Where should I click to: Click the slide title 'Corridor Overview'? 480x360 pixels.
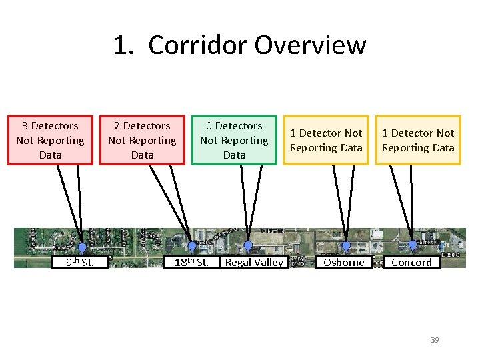[x=257, y=45]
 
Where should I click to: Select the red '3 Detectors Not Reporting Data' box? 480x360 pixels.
[x=51, y=140]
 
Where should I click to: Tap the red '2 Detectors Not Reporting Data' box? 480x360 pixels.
[x=142, y=140]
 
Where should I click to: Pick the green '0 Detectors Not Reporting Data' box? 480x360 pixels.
[x=234, y=140]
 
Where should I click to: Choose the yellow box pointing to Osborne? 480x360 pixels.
[x=326, y=140]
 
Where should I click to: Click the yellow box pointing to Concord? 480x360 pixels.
[x=418, y=140]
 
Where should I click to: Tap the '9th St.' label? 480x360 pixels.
[x=80, y=262]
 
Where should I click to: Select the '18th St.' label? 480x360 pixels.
[x=192, y=262]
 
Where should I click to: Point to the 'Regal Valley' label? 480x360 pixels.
[x=254, y=262]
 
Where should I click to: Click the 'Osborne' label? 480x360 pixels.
[x=343, y=262]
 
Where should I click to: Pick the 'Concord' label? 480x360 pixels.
[x=411, y=262]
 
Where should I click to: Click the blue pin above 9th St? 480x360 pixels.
[x=82, y=248]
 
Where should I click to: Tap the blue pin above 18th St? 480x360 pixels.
[x=192, y=247]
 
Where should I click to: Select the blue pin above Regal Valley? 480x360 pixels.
[x=248, y=246]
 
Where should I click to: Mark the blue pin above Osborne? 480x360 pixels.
[x=346, y=246]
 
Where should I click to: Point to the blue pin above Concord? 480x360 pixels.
[x=412, y=245]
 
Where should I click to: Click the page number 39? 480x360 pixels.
[x=435, y=340]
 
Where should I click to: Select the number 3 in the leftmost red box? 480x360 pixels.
[x=25, y=126]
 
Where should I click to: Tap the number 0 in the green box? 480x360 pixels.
[x=209, y=126]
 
